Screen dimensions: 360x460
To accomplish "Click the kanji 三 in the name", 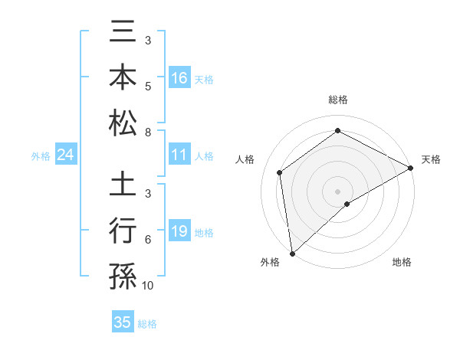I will click(123, 34).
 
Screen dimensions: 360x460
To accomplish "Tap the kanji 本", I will click(123, 78).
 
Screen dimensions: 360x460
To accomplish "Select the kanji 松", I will click(123, 123).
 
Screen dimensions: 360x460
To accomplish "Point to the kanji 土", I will click(123, 187).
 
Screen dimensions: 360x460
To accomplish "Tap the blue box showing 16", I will click(179, 78).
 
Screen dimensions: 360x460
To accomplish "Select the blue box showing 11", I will click(179, 155).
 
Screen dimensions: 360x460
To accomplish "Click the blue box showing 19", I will click(179, 231).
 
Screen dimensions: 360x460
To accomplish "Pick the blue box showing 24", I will click(65, 155).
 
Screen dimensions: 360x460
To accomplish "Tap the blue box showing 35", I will click(123, 322).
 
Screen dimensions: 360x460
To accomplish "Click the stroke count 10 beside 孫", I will click(148, 286).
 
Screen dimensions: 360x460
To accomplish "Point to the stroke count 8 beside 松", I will click(148, 133).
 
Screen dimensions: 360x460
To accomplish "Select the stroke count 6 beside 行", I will click(148, 240).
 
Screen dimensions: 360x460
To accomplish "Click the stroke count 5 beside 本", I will click(148, 87).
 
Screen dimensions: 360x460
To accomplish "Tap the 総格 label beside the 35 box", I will click(147, 324).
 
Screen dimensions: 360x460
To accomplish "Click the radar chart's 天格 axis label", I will click(431, 159).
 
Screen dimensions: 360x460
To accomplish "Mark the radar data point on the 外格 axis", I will click(292, 254).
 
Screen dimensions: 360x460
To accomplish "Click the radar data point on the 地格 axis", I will click(347, 204).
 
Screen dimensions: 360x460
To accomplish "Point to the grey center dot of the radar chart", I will click(337, 191).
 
